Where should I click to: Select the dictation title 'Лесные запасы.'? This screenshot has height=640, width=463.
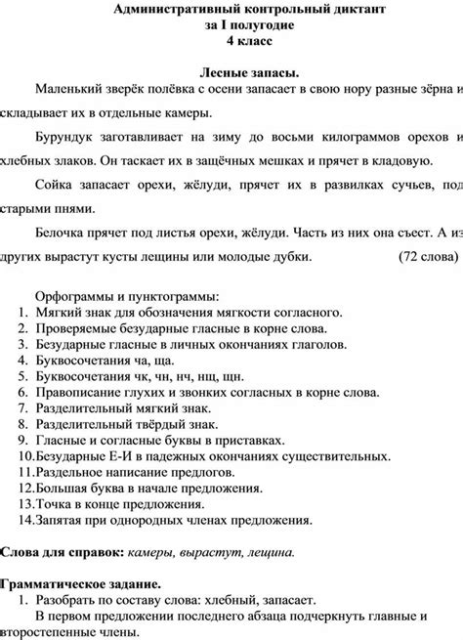pos(249,74)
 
